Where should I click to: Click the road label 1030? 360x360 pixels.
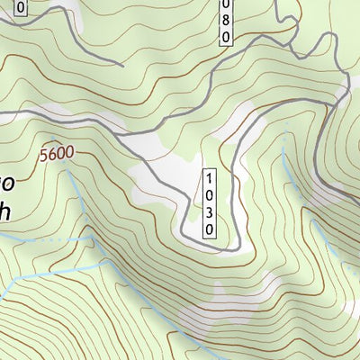(x=210, y=202)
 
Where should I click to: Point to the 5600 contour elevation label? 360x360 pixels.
(x=56, y=154)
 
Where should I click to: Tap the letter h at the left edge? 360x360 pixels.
(x=5, y=209)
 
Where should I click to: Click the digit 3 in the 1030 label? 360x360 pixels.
(x=210, y=215)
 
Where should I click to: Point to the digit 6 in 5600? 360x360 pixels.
(x=49, y=154)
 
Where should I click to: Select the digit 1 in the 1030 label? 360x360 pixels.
(x=210, y=177)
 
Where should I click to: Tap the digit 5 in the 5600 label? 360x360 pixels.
(x=42, y=155)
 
